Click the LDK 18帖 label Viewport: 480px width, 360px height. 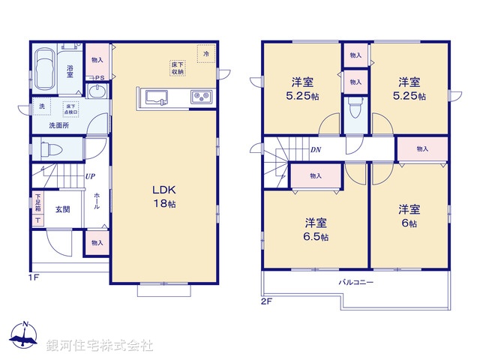(164, 196)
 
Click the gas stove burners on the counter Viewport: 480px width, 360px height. (200, 96)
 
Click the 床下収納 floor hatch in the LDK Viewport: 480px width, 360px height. (178, 68)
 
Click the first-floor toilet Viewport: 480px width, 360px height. (46, 149)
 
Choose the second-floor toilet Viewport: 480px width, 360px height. (355, 111)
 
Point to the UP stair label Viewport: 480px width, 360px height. (90, 177)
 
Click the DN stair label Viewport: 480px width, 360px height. (316, 149)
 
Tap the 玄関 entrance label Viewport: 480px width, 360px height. (62, 208)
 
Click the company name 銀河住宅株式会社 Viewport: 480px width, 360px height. (100, 346)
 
